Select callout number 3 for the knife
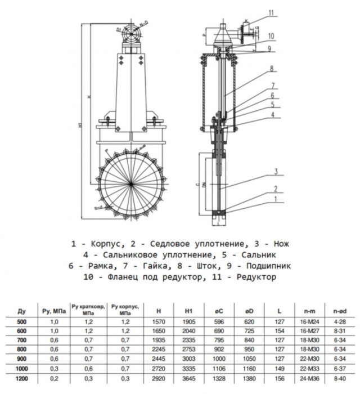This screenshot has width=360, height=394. point(276,171)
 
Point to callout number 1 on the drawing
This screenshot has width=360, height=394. point(276,199)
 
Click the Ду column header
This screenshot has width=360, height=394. point(21,310)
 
